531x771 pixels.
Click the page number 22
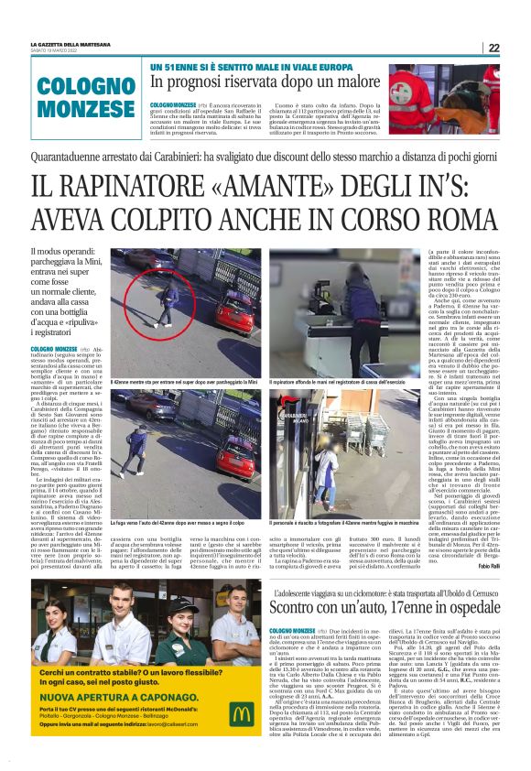pos(493,49)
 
